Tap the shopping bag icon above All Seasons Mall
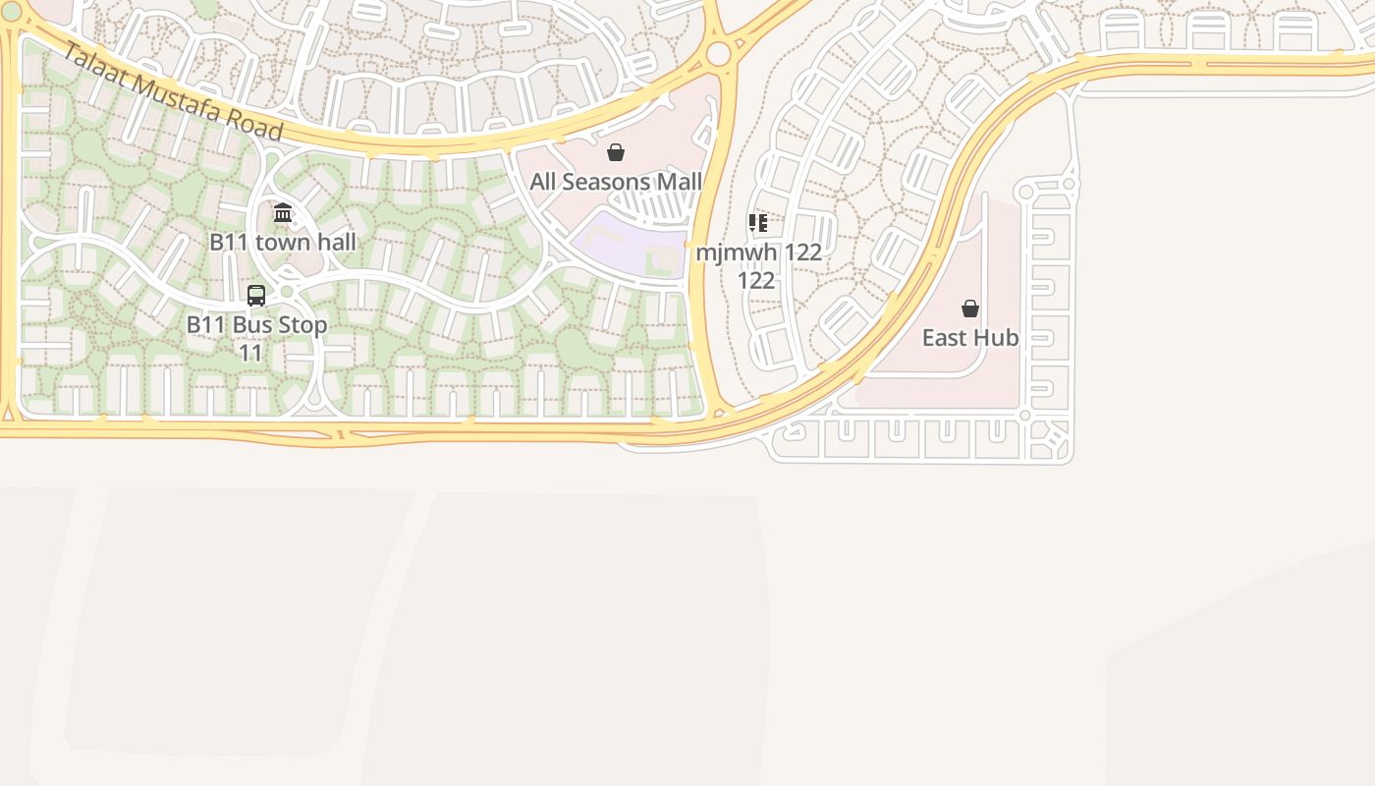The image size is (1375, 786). pos(616,152)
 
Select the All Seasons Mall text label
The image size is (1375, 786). pos(616,182)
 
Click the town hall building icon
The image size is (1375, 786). pos(283,212)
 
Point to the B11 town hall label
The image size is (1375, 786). pos(283,242)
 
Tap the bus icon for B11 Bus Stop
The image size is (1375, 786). pos(256,295)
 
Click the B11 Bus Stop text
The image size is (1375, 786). pos(256,324)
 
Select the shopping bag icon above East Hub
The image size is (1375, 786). pos(970,309)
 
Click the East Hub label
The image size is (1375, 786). pos(970,338)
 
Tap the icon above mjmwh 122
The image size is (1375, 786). pos(757,223)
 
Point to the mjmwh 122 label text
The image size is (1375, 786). pos(758,253)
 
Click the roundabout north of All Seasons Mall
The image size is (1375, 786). pos(719,53)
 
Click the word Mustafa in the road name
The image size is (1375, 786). pos(177,95)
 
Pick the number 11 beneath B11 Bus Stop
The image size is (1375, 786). pos(251,353)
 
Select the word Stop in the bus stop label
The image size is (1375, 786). pos(304,324)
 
